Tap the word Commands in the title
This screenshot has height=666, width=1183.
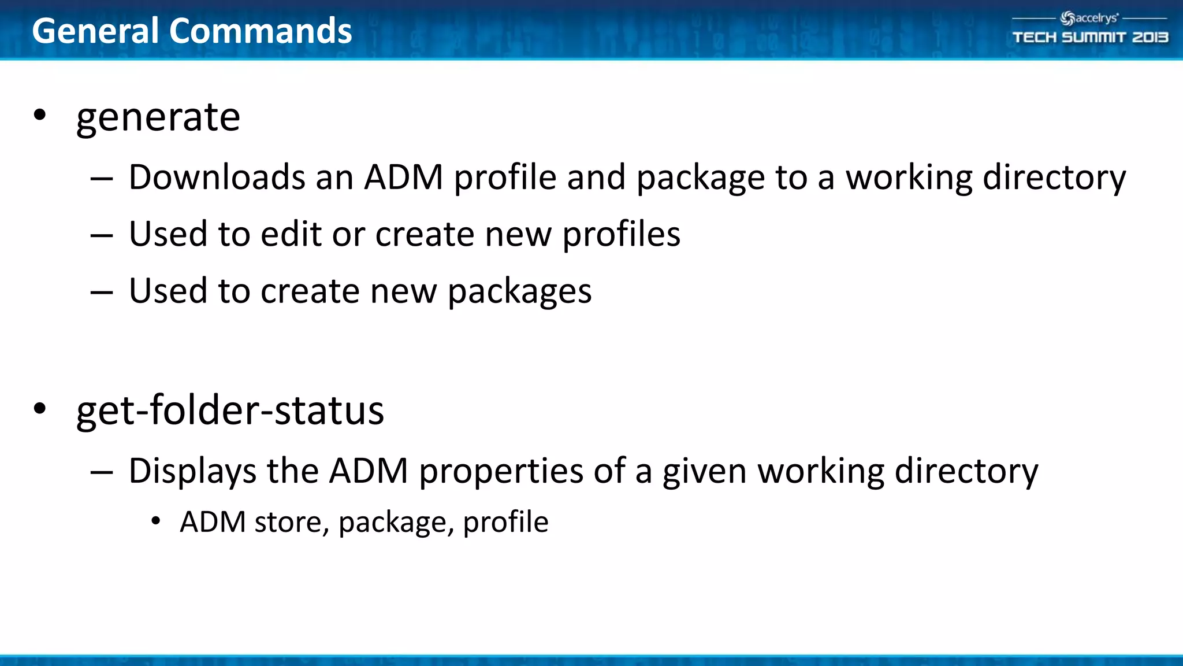(x=260, y=31)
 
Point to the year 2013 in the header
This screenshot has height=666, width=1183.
(x=1150, y=38)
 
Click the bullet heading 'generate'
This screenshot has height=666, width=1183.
(x=158, y=117)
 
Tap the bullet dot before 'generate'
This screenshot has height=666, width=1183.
(x=39, y=114)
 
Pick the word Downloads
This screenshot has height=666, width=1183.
(x=217, y=177)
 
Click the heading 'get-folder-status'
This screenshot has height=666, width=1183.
(x=230, y=411)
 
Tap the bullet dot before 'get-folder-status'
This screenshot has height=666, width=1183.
(x=39, y=408)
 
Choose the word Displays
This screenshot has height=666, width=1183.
(x=192, y=472)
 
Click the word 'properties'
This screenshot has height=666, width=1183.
(x=501, y=472)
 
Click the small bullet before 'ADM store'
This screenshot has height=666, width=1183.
(x=155, y=521)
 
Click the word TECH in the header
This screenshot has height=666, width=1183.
(x=1034, y=38)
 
